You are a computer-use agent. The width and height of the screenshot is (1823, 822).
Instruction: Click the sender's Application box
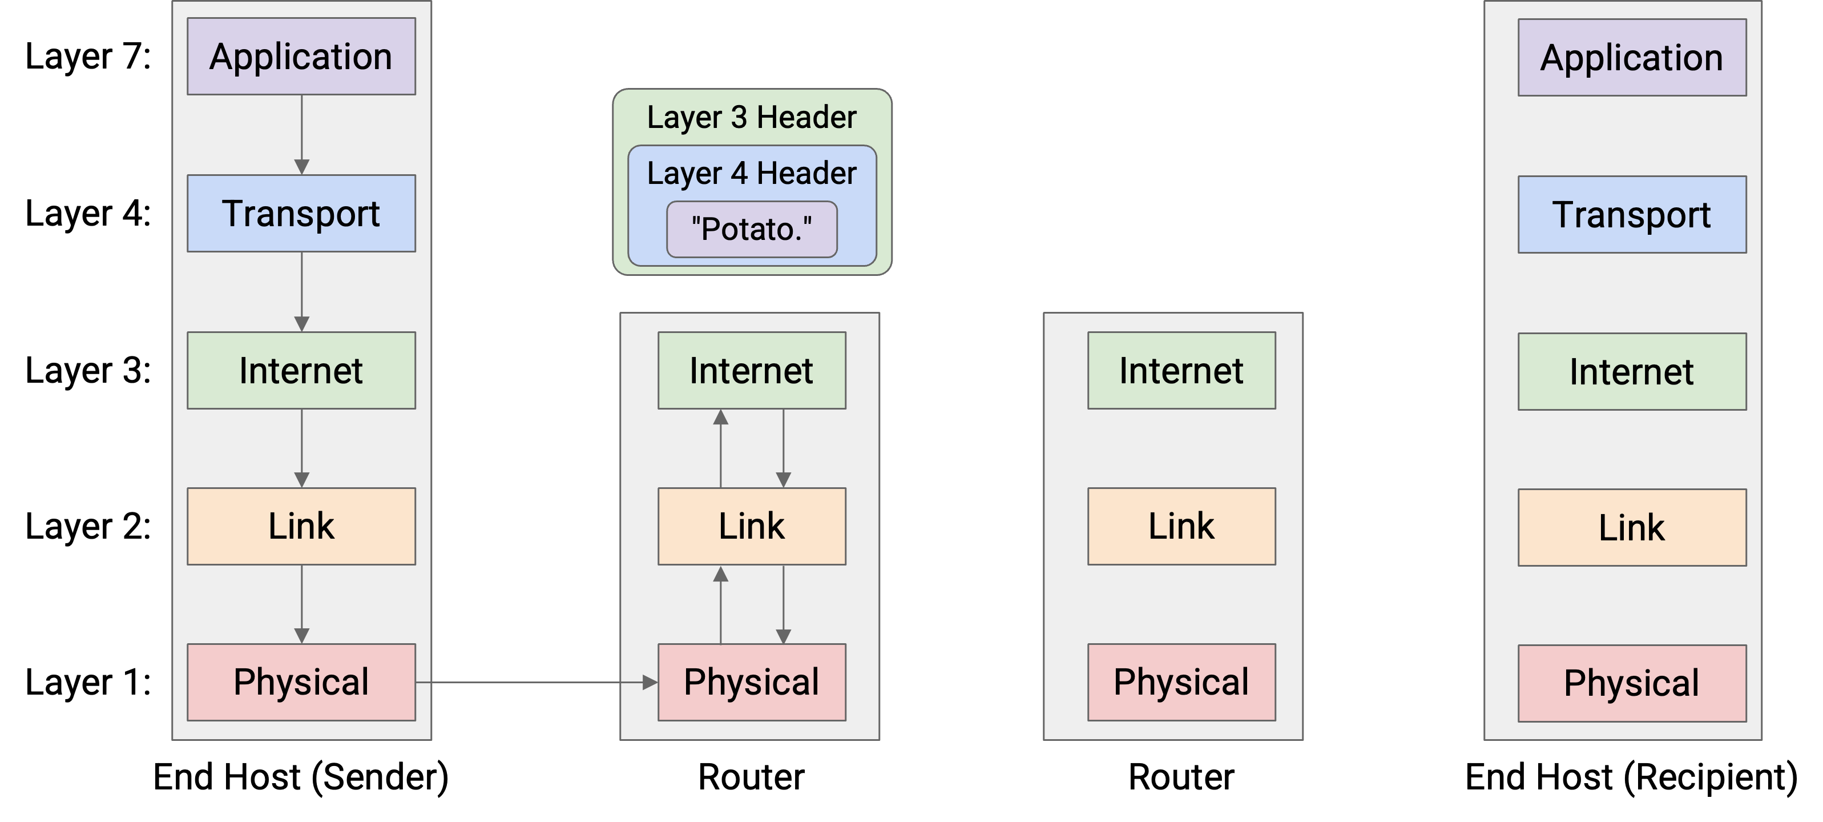pos(301,57)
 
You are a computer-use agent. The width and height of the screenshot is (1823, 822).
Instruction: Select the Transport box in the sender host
pos(301,213)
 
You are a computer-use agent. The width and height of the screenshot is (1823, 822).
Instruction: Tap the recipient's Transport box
pos(1632,215)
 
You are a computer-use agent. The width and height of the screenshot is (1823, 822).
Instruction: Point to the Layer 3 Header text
pos(752,118)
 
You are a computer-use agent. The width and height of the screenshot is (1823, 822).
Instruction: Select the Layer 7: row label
pos(88,57)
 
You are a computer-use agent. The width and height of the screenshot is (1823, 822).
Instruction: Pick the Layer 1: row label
pos(88,683)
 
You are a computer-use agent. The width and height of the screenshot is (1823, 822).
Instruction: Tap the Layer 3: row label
pos(88,370)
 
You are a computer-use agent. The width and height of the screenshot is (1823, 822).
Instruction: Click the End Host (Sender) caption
pos(301,777)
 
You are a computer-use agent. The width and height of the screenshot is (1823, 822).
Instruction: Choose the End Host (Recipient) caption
pos(1631,777)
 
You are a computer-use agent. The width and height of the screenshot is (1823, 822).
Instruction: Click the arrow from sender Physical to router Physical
pos(537,683)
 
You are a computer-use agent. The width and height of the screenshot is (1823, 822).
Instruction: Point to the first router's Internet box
pos(752,370)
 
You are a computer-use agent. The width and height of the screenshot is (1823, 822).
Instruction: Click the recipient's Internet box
pos(1632,372)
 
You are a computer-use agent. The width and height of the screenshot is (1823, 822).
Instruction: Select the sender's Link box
pos(301,526)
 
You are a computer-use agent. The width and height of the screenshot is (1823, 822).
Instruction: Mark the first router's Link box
pos(752,526)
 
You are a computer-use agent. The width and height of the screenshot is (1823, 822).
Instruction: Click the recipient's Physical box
pos(1632,683)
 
